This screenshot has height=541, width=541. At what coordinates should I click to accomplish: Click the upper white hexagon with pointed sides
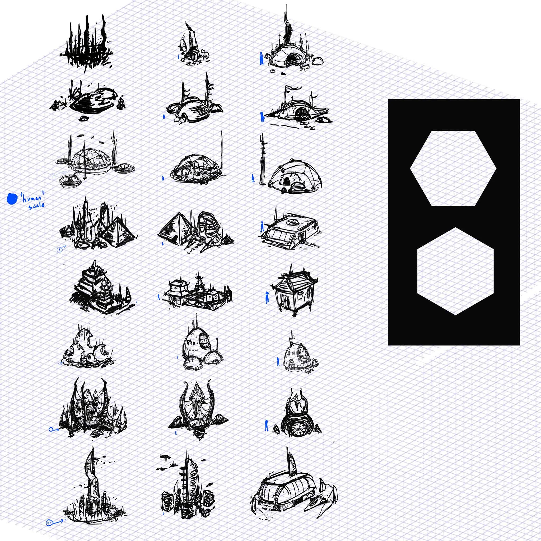(x=453, y=168)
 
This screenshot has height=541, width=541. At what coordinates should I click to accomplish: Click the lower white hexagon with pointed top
(x=455, y=271)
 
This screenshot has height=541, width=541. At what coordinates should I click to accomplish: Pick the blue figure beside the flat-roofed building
(x=262, y=226)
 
